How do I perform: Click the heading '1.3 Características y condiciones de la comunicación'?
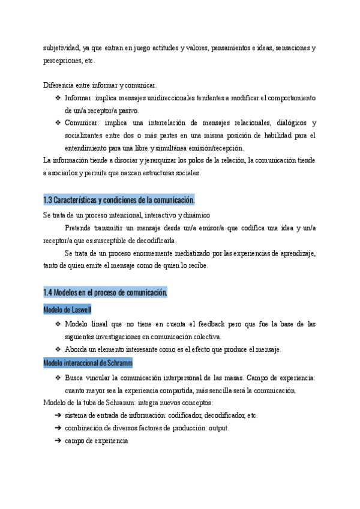pos(119,199)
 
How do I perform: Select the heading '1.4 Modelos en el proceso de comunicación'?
pos(105,292)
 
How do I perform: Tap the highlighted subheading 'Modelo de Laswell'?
pos(67,310)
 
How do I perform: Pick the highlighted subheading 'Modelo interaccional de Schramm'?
pos(88,363)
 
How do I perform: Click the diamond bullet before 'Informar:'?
pos(58,98)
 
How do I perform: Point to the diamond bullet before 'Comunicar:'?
pos(58,123)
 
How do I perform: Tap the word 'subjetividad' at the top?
pos(61,48)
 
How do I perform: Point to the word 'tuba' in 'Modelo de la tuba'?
pos(95,403)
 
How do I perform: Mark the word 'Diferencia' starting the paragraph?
pos(59,85)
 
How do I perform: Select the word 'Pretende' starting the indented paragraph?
pos(78,227)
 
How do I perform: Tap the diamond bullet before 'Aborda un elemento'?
pos(58,350)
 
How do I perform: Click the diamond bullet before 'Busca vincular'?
pos(58,378)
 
